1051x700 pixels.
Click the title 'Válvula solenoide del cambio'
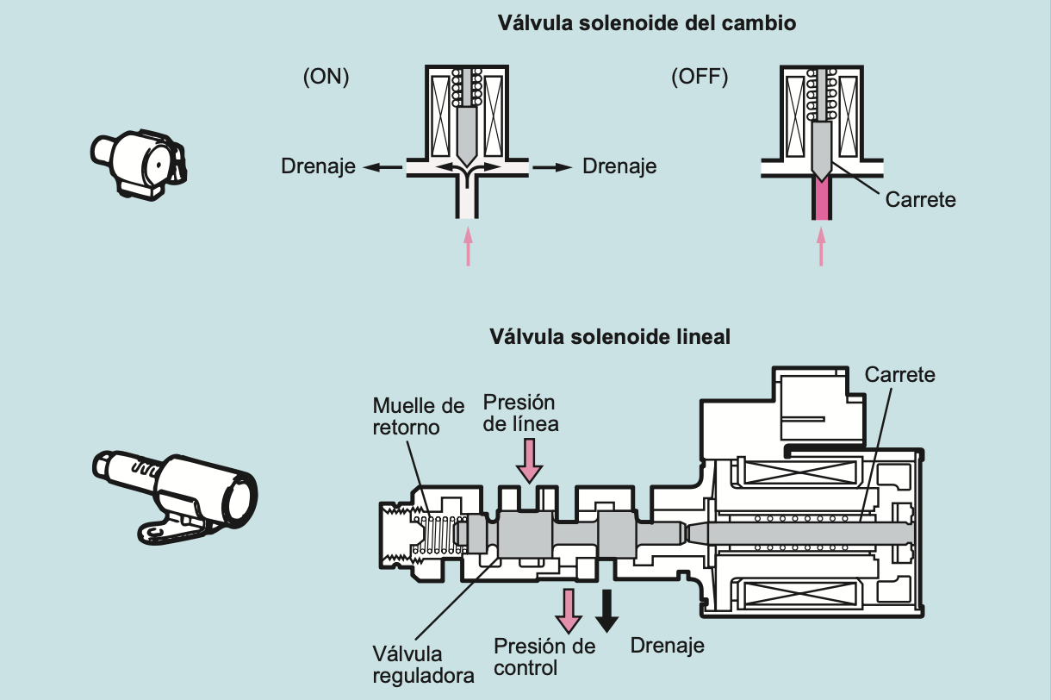tap(646, 23)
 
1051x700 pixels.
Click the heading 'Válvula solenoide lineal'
tap(610, 336)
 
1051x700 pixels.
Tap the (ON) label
tap(326, 78)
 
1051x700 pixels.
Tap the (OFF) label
tap(700, 78)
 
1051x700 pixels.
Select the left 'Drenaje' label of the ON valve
tap(318, 166)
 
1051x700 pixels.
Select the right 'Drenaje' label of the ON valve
tap(619, 166)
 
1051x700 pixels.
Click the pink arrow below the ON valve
tap(468, 245)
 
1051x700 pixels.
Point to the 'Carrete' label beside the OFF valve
tap(920, 199)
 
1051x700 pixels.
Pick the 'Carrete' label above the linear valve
tap(899, 375)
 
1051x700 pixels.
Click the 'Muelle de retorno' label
tap(418, 416)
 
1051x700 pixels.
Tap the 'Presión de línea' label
tap(520, 413)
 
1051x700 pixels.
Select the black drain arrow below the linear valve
tap(608, 610)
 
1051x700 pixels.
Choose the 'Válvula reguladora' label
tap(423, 664)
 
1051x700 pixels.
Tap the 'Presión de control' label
tap(544, 657)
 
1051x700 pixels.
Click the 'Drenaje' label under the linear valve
tap(668, 645)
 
